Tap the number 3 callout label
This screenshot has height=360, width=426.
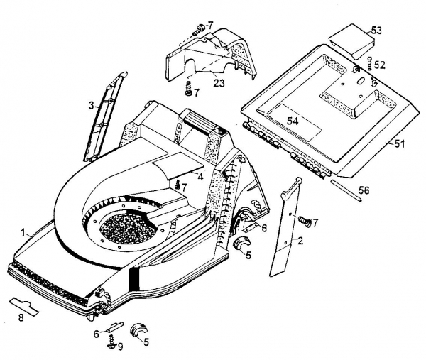[91, 106]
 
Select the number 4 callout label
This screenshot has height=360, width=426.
[201, 175]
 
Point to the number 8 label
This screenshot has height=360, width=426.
[20, 317]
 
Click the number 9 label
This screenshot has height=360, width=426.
[120, 347]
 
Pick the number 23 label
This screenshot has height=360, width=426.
[219, 83]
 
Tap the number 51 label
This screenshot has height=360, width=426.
[399, 144]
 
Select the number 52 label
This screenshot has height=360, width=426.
[380, 65]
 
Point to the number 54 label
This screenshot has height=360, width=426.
[293, 121]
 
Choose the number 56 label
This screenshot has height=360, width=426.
[364, 190]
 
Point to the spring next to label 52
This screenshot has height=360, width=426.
[367, 65]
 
